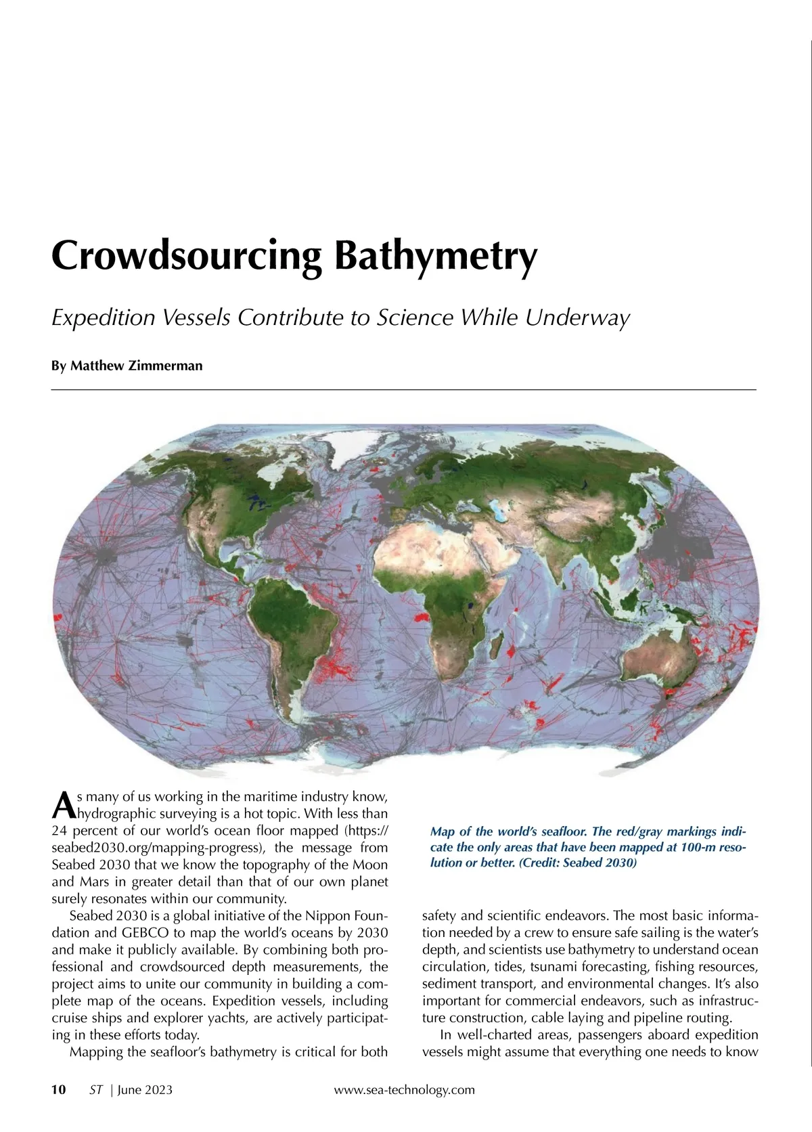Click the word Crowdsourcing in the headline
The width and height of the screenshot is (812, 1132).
click(185, 256)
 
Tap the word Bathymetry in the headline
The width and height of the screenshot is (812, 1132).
click(436, 256)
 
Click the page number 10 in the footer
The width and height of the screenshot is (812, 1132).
click(59, 1089)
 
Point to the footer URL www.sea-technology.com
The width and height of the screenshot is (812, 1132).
click(405, 1089)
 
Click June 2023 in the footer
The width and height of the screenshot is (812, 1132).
click(145, 1089)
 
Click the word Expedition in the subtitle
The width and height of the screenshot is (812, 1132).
click(104, 318)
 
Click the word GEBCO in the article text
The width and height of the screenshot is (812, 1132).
click(145, 932)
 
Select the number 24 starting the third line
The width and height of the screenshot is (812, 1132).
click(59, 831)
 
